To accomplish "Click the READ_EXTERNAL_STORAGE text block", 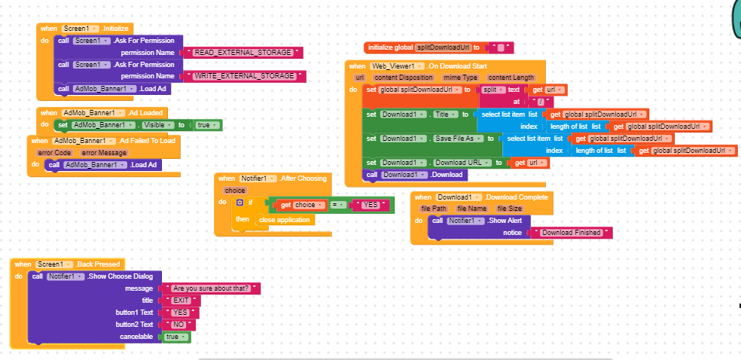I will (243, 53).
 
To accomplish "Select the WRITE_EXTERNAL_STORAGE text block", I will (245, 76).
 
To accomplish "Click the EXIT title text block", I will (181, 301).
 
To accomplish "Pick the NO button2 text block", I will (178, 325).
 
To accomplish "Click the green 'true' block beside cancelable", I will (175, 337).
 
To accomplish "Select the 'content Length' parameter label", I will (511, 78).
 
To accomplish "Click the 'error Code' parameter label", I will (53, 153).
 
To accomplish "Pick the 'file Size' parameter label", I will (510, 209).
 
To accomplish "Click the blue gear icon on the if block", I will (240, 203).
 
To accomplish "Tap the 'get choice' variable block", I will (299, 205).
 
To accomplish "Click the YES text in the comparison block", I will (370, 205).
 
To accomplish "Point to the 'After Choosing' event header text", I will (303, 178).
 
